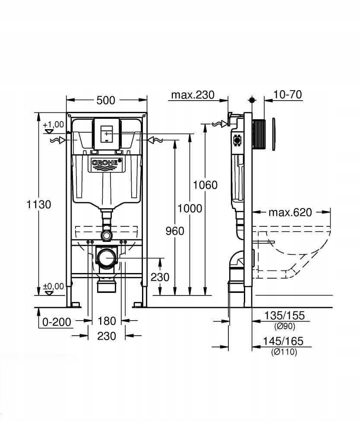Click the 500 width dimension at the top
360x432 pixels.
click(106, 100)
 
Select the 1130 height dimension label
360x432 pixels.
click(39, 204)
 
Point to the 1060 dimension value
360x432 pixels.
click(205, 185)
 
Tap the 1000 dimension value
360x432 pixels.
click(190, 209)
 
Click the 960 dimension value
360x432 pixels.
click(175, 231)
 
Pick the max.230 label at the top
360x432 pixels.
click(193, 95)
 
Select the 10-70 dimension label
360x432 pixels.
click(287, 95)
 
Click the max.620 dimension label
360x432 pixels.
click(290, 212)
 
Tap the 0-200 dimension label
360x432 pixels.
click(57, 321)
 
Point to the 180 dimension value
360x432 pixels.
click(107, 321)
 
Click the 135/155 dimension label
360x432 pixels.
click(284, 316)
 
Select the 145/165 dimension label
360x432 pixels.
click(284, 341)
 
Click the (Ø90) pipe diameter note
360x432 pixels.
click(284, 326)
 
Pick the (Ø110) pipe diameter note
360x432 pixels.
click(284, 352)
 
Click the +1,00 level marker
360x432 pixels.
click(53, 125)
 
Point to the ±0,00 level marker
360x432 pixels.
click(53, 286)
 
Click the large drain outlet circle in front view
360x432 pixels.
click(107, 258)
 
